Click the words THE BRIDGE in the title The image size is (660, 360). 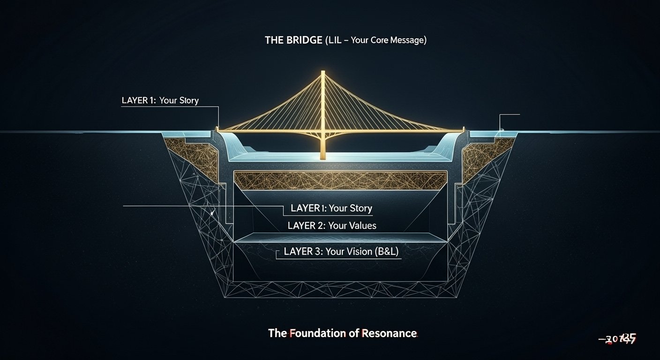(293, 40)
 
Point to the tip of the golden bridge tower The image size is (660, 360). (323, 72)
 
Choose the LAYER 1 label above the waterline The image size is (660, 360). (160, 101)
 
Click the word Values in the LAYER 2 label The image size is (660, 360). (359, 225)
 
